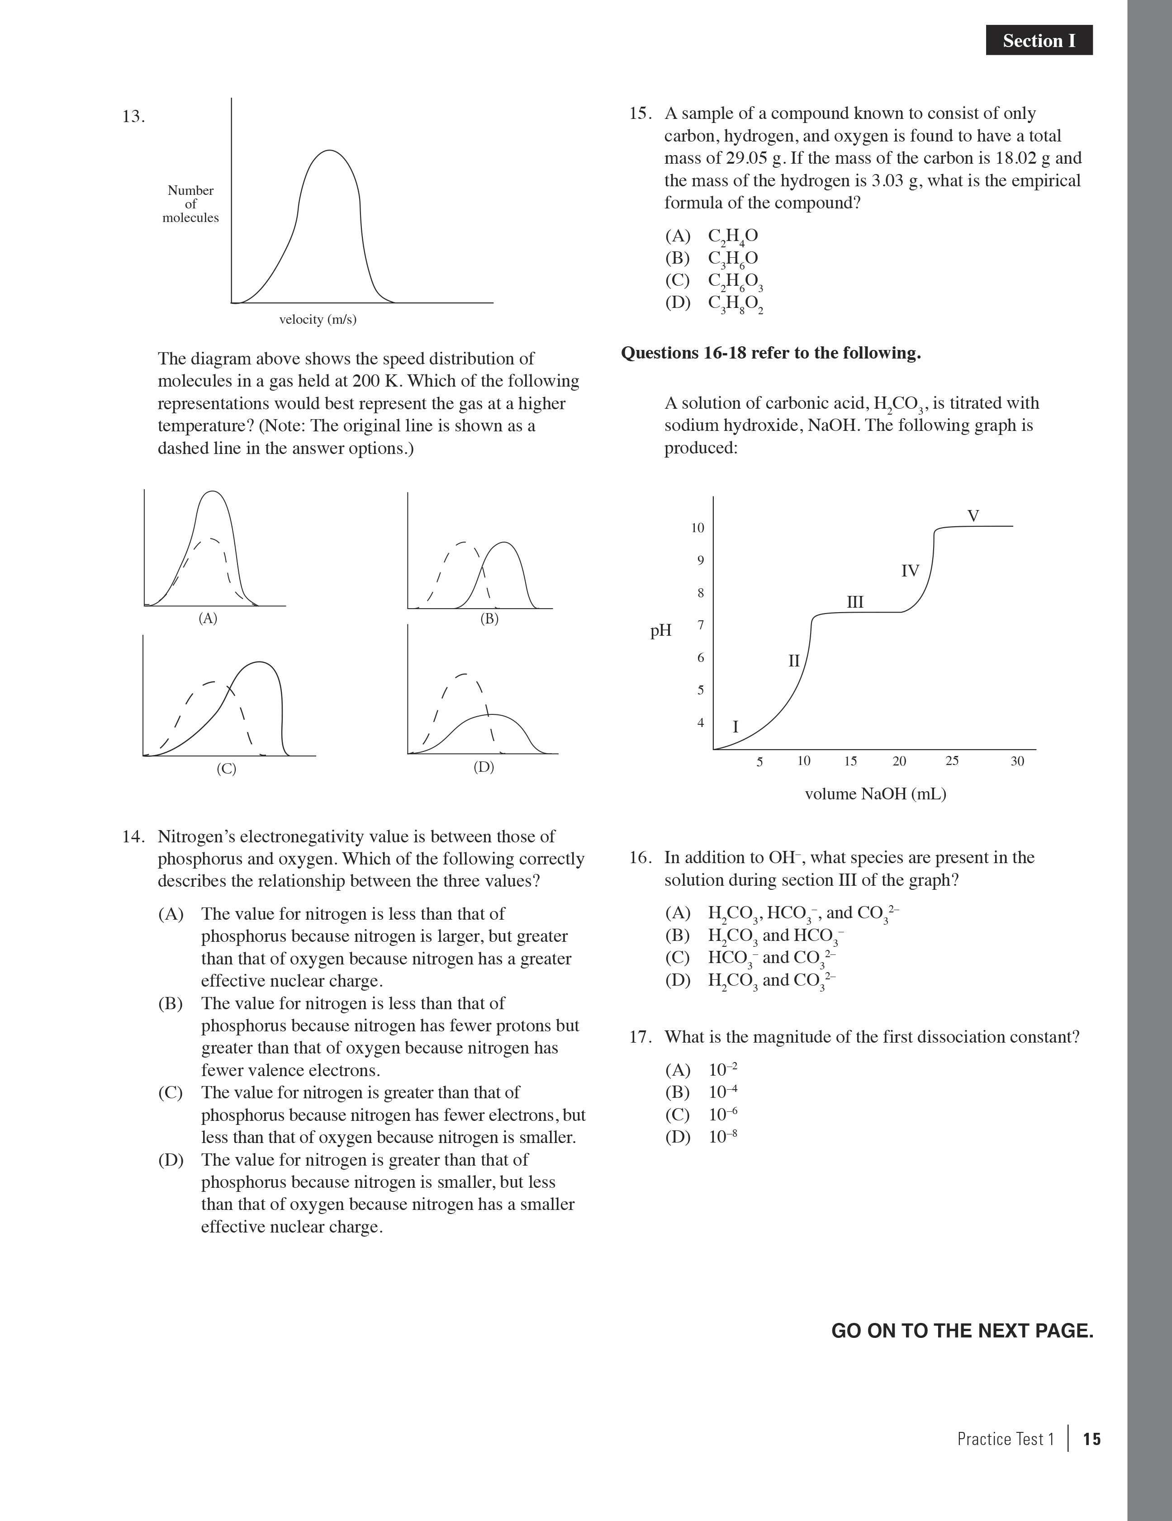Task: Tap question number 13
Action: [x=133, y=116]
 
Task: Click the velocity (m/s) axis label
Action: [x=318, y=320]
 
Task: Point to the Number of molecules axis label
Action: [x=190, y=204]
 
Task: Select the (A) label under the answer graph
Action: [x=208, y=618]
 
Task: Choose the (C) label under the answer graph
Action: [x=227, y=769]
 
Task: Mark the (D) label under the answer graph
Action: [x=484, y=767]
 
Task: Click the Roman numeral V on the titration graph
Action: [x=973, y=516]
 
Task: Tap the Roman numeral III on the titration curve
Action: [x=855, y=602]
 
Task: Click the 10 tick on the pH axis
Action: [x=698, y=528]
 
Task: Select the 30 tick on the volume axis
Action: [x=1017, y=761]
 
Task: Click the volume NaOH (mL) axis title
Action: [x=875, y=794]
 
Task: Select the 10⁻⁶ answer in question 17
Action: [x=722, y=1114]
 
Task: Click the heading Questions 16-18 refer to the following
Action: [x=771, y=353]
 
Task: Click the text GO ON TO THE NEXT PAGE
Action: [x=962, y=1331]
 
